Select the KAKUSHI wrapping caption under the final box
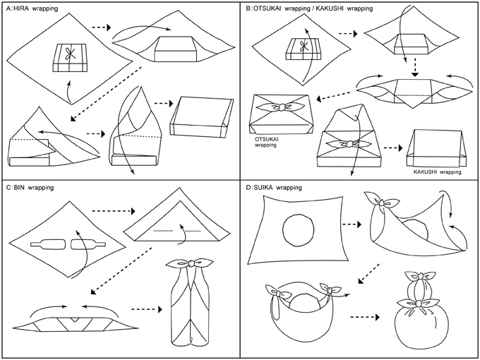point(436,172)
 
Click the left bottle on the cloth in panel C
point(47,245)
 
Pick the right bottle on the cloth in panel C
point(85,245)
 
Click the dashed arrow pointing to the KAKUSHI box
point(390,149)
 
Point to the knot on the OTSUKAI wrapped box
point(282,107)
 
